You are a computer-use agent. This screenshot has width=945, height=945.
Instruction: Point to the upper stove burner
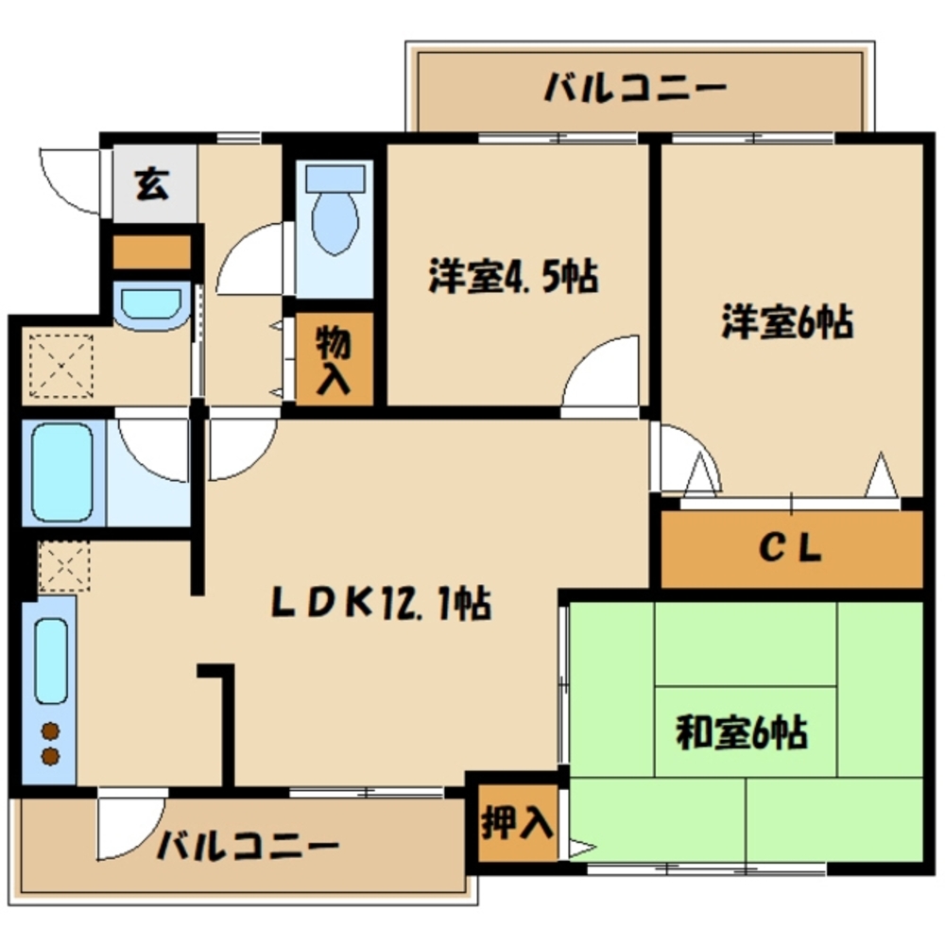(49, 731)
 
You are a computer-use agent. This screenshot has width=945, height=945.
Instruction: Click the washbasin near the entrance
(149, 305)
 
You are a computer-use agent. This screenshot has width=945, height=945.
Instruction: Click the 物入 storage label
(335, 359)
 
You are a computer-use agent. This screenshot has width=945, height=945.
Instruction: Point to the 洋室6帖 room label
(787, 321)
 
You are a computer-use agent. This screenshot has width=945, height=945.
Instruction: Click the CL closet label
(792, 548)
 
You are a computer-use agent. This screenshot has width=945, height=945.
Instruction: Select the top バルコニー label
(635, 91)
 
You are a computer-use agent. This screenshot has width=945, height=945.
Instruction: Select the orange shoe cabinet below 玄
(151, 252)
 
